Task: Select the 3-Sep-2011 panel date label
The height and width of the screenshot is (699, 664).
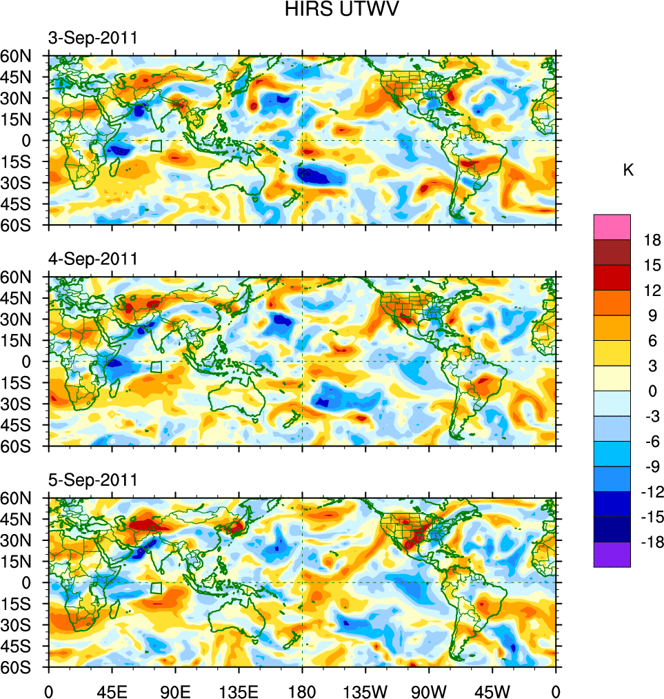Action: click(92, 38)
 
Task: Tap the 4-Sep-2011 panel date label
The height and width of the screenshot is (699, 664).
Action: click(92, 259)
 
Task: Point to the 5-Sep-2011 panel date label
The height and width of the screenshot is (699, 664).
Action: click(92, 480)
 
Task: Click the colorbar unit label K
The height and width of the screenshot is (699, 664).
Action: click(628, 170)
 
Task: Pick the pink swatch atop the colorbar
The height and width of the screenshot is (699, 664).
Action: click(612, 226)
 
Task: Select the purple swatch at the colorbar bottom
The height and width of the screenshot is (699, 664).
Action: click(612, 554)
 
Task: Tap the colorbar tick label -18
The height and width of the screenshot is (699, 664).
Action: click(650, 542)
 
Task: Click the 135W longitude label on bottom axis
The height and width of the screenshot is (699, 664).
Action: click(365, 690)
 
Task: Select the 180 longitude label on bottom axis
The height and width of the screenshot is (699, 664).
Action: click(302, 690)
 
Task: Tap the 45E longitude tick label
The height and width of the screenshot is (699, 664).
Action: click(112, 690)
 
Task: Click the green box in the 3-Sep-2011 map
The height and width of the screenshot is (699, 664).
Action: click(156, 146)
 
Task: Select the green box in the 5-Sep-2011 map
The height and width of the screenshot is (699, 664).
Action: click(156, 588)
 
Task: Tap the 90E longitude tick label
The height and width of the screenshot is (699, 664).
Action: click(175, 690)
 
